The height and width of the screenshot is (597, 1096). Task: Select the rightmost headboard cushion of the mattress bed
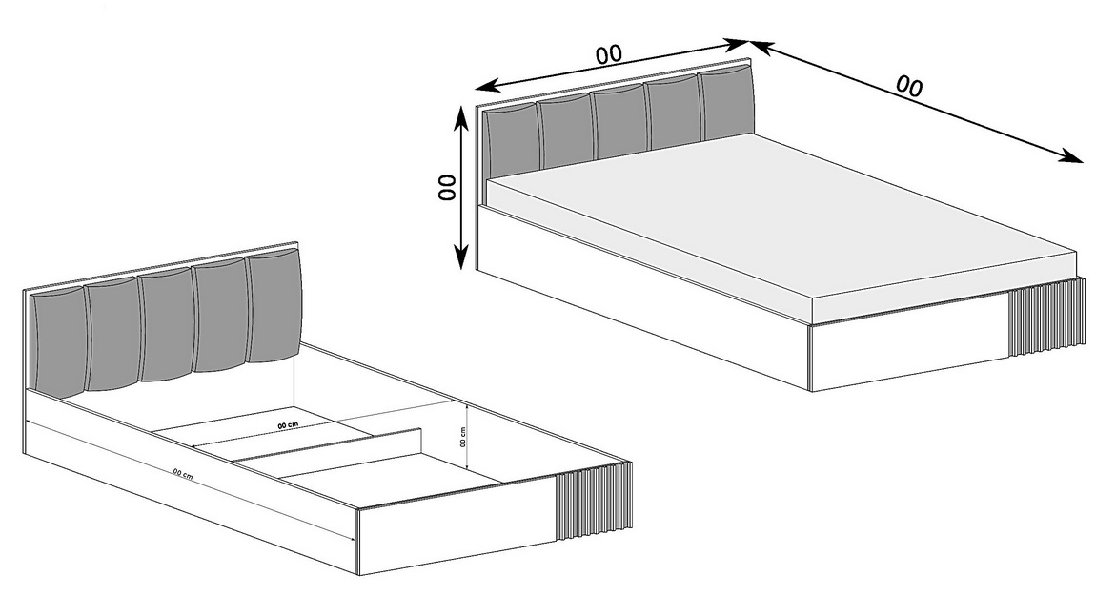pos(727,102)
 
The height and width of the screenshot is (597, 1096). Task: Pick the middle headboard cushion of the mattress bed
pos(619,122)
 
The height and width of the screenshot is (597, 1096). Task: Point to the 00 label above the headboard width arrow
pos(609,53)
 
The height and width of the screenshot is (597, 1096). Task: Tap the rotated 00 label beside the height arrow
pos(446,187)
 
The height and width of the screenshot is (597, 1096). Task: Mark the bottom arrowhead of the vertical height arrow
pos(460,258)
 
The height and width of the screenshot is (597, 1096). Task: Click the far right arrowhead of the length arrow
pos(1073,158)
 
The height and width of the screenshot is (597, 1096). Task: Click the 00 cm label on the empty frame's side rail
pos(182,475)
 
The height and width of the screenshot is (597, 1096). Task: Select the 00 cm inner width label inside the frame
pos(288,425)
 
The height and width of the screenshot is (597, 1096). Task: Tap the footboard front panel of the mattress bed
pos(908,342)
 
